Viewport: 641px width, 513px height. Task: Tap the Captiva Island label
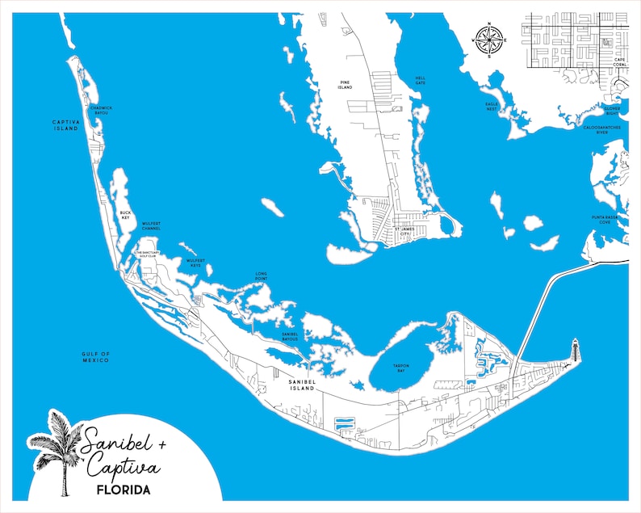tap(65, 124)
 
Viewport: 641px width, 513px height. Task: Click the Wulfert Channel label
tap(151, 226)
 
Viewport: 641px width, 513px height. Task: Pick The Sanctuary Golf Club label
tap(150, 254)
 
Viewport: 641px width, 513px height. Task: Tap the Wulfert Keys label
tap(195, 263)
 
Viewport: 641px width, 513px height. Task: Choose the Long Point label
tap(261, 275)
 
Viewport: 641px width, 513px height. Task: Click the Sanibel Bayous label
tap(290, 336)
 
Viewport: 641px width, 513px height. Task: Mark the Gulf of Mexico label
tap(95, 356)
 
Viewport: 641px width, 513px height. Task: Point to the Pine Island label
tap(345, 85)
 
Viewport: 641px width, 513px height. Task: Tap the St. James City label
tap(407, 231)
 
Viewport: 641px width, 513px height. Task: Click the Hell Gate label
tap(420, 80)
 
